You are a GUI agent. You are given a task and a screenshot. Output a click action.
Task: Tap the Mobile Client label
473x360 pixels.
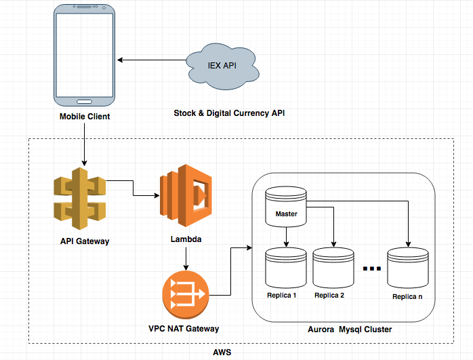tap(84, 117)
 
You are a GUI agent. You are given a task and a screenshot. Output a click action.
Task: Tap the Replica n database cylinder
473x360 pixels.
tap(409, 269)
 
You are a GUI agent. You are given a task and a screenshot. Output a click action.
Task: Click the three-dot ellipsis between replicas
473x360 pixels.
tap(372, 269)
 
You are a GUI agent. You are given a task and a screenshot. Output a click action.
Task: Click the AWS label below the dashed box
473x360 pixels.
tap(222, 353)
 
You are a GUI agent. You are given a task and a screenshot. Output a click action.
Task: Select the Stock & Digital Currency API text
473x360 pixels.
tap(229, 113)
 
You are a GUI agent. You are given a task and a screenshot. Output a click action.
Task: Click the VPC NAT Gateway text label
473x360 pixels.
tap(185, 329)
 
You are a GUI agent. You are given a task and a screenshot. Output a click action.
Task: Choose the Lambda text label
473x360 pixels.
tap(185, 239)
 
